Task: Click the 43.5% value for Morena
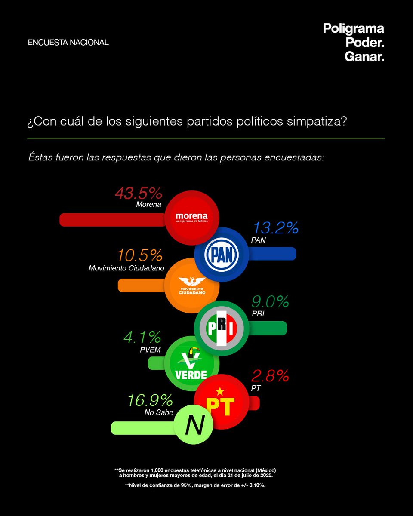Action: pos(138,193)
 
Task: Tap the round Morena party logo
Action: pos(192,217)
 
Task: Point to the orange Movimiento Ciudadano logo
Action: pos(192,285)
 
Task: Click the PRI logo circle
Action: pos(221,328)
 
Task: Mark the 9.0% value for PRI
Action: pos(270,302)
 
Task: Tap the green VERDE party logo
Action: pos(191,363)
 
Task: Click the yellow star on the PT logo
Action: pos(220,391)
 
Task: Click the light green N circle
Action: pos(194,426)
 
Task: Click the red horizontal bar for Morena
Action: pos(112,219)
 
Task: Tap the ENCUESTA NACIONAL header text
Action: pos(68,43)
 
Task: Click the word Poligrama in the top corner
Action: pos(353,29)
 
